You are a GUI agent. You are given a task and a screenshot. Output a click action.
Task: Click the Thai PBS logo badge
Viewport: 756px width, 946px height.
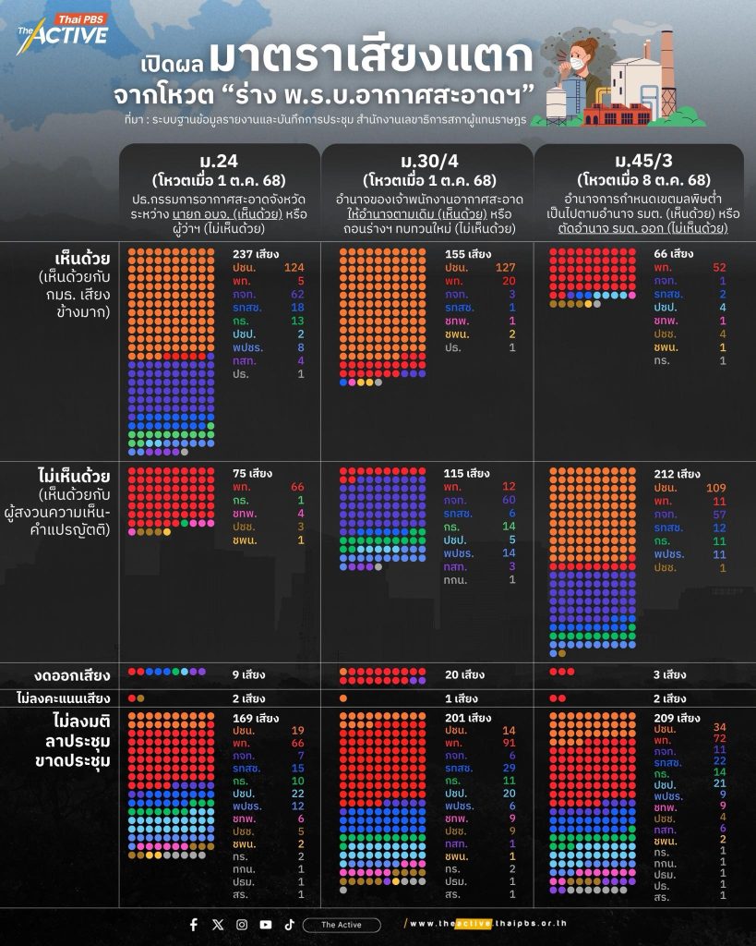click(80, 18)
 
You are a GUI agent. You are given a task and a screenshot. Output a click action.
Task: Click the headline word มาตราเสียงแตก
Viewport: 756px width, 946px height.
click(370, 58)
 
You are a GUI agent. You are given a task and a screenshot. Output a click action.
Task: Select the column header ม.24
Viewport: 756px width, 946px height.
click(219, 158)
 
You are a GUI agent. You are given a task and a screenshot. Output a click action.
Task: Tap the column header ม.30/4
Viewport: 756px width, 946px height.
click(430, 158)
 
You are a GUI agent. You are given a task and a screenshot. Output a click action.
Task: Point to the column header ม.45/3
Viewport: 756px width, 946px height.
click(642, 158)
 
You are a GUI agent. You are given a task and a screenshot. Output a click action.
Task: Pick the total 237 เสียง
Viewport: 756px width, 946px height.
click(256, 254)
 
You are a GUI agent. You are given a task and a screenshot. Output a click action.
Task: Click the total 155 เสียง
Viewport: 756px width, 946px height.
click(468, 254)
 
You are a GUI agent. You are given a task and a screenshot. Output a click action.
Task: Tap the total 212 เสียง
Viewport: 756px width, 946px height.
click(679, 474)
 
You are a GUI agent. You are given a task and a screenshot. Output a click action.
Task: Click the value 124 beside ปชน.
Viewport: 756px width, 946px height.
click(294, 268)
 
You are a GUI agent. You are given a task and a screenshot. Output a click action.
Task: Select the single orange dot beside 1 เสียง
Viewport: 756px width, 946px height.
click(343, 697)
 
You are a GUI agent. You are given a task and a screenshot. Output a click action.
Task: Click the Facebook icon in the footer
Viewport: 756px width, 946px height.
click(194, 925)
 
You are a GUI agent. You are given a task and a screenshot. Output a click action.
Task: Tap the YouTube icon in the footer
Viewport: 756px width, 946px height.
click(266, 925)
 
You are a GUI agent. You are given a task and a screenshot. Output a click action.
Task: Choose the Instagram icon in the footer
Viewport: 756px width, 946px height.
click(242, 925)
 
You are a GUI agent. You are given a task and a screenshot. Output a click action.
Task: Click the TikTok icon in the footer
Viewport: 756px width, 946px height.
click(289, 925)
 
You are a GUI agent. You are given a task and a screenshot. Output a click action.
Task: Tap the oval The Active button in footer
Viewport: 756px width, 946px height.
click(342, 925)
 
